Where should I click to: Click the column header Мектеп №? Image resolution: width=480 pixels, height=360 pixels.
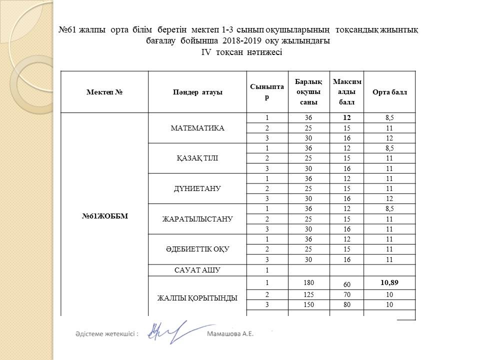tap(104, 92)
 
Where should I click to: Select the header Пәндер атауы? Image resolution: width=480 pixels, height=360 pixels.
tap(197, 92)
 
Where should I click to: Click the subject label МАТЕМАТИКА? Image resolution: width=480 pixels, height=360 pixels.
tap(197, 128)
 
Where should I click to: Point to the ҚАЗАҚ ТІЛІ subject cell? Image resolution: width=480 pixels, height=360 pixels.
tap(197, 158)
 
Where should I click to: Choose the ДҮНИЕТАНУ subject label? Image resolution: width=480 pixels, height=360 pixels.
tap(197, 188)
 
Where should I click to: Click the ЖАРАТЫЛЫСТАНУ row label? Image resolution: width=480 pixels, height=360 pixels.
tap(197, 219)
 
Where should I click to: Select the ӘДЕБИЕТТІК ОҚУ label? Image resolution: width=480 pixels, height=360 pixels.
tap(197, 249)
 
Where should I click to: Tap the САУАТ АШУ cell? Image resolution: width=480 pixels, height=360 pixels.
tap(197, 270)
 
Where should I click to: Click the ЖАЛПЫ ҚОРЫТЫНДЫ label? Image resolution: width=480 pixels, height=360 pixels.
tap(197, 298)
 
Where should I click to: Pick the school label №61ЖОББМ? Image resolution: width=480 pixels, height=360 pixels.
tap(104, 216)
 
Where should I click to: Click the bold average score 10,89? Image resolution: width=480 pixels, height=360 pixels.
tap(389, 282)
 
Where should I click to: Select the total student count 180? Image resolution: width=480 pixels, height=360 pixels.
tap(308, 283)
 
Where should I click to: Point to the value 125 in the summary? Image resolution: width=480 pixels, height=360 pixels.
tap(308, 295)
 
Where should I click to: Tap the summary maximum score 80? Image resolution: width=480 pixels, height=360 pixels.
tap(346, 305)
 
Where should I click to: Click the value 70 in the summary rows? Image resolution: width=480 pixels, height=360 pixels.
tap(346, 295)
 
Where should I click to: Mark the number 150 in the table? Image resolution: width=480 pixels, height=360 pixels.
tap(308, 305)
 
